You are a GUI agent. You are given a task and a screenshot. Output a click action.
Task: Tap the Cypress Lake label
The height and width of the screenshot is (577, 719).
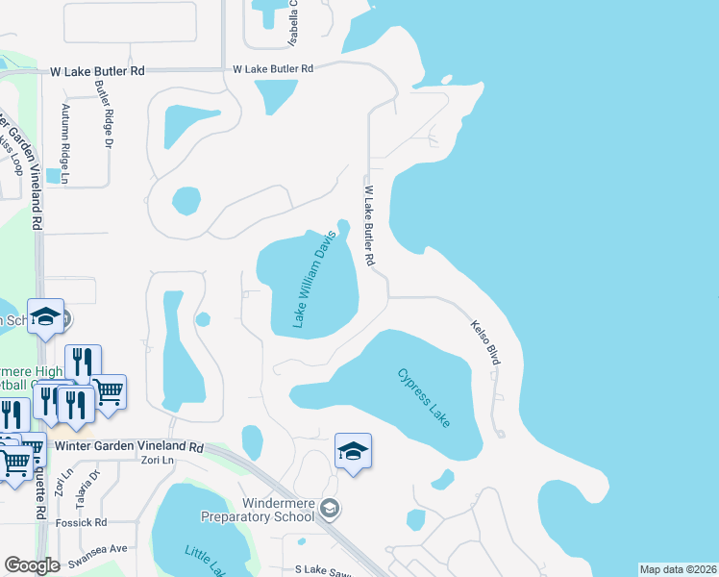click(x=425, y=398)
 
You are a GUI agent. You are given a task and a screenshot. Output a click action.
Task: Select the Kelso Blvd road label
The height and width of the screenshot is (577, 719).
click(x=486, y=341)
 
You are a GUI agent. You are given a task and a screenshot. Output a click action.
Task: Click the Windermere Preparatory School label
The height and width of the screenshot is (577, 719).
click(x=258, y=510)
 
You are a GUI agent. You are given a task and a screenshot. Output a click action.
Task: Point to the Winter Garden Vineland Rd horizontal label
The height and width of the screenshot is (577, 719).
click(x=130, y=447)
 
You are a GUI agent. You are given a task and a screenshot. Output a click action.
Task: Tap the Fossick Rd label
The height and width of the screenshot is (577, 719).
click(x=82, y=522)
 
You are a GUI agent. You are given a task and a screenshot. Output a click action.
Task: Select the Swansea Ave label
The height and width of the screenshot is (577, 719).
click(x=105, y=548)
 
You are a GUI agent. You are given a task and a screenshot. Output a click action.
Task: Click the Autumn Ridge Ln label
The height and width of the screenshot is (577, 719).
click(x=66, y=144)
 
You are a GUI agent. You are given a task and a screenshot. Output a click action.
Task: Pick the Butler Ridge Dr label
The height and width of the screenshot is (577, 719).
click(x=102, y=113)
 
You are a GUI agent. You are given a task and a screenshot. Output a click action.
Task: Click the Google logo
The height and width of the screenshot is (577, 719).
click(x=32, y=565)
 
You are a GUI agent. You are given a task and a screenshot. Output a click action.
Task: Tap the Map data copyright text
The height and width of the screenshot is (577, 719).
click(x=677, y=569)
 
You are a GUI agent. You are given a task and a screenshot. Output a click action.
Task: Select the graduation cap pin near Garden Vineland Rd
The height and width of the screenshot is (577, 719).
click(x=44, y=320)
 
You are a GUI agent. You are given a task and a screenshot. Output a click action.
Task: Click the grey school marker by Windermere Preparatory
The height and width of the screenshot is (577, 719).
click(x=330, y=507)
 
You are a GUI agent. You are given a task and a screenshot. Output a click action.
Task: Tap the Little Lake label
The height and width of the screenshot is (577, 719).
click(x=206, y=562)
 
